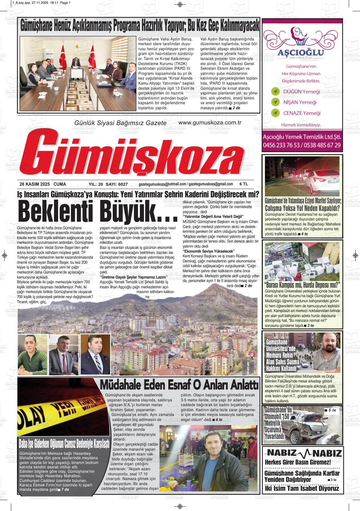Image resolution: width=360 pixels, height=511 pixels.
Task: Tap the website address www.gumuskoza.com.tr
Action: (210, 123)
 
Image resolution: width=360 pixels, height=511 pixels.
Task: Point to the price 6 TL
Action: (244, 184)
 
